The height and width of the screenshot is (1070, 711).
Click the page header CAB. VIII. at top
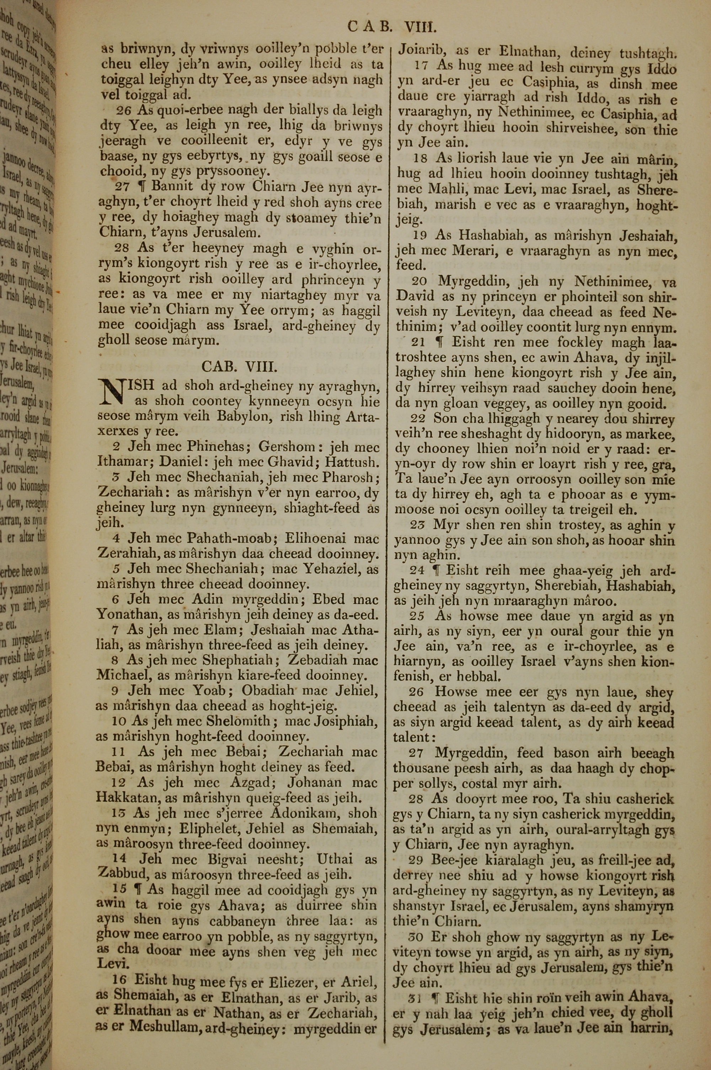coord(392,27)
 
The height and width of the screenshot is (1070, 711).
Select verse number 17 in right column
coord(421,66)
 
